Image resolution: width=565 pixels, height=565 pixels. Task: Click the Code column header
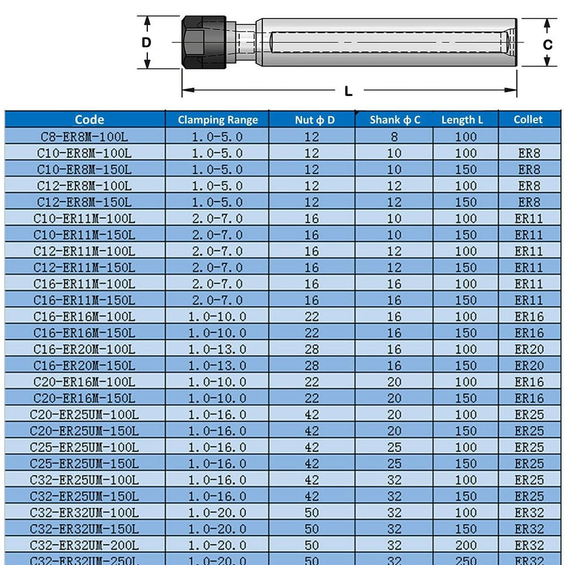point(89,119)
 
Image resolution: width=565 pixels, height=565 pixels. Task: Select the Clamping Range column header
point(217,120)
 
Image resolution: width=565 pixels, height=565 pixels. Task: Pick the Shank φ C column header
point(395,120)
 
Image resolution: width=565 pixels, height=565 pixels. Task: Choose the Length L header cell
point(462,120)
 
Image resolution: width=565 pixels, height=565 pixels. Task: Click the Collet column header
point(528,120)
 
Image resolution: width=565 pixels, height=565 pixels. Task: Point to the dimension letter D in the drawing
point(146,42)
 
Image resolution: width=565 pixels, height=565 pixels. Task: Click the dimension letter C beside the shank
point(548,44)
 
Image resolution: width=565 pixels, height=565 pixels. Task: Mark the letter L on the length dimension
point(348,91)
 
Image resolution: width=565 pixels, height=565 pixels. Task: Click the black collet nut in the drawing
point(204,42)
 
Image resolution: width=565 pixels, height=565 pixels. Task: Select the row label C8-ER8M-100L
point(84,137)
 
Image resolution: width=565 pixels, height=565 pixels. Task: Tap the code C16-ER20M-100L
point(84,349)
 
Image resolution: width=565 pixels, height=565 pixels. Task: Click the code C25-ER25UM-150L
point(84,464)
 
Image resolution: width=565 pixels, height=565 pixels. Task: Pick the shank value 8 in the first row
point(394,137)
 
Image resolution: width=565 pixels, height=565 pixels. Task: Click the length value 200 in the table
point(466,545)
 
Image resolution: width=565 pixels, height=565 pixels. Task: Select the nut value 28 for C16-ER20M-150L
point(312,366)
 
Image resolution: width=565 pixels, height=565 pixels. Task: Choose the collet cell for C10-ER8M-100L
point(529,153)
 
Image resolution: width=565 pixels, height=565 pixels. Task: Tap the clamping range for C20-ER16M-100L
point(217,382)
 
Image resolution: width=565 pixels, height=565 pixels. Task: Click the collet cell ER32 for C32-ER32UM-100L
point(529,513)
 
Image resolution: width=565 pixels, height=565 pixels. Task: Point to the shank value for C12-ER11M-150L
point(394,268)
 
